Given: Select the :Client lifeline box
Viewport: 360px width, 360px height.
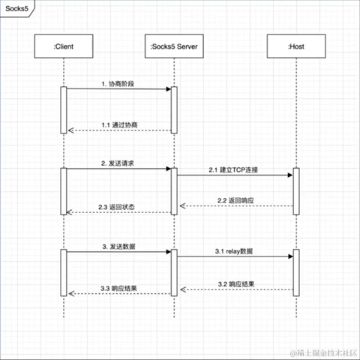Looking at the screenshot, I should (x=63, y=47).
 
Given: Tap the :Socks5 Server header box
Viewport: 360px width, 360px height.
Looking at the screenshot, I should (x=173, y=47).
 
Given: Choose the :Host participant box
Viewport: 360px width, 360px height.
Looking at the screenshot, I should (x=295, y=47).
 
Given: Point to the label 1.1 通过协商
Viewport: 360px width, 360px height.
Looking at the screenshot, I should (x=120, y=124).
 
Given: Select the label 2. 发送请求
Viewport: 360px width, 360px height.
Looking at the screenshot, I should (x=118, y=163).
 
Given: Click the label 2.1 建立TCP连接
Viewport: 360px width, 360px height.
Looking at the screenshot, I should (x=235, y=169).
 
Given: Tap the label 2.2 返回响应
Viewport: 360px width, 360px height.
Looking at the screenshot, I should (x=235, y=200).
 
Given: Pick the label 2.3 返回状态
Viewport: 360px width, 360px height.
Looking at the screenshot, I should (x=117, y=206).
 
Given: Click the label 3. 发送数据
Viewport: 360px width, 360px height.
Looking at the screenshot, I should (x=118, y=245).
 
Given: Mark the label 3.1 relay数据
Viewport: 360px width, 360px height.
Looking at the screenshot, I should (x=235, y=251).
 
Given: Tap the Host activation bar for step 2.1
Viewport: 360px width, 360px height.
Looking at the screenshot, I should (x=295, y=189).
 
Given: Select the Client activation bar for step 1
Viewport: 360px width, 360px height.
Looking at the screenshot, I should (x=63, y=110).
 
